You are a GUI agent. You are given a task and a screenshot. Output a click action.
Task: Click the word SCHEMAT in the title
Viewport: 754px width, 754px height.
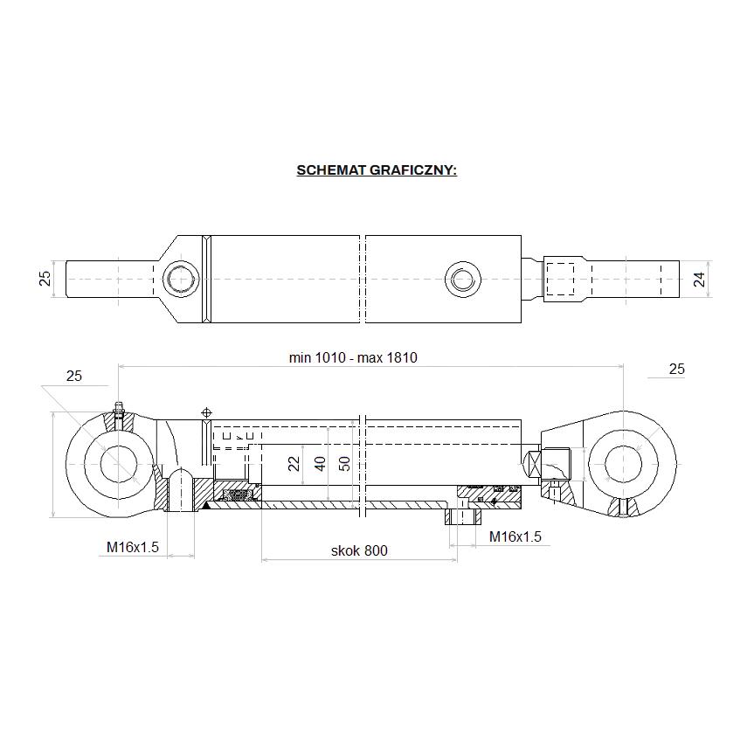pos(331,169)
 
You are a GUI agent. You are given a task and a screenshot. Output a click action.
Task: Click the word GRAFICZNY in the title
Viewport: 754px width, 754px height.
pos(412,169)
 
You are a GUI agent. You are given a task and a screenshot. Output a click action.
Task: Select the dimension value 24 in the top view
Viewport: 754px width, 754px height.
pos(698,279)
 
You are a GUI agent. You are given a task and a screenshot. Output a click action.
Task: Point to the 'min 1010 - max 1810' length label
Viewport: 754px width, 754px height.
pos(353,357)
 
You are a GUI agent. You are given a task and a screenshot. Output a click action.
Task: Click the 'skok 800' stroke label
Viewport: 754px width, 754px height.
pos(358,550)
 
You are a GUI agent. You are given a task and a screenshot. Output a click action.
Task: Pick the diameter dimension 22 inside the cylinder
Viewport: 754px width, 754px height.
pos(295,462)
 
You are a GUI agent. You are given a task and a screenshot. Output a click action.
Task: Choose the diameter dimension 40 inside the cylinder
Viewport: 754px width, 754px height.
pos(320,462)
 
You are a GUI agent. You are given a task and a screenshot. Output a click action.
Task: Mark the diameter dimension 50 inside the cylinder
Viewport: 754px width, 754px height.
pos(344,462)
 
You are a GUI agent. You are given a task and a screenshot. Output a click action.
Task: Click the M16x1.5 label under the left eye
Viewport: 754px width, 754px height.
pos(133,547)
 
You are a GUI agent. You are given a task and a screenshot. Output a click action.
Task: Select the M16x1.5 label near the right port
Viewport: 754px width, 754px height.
pos(515,536)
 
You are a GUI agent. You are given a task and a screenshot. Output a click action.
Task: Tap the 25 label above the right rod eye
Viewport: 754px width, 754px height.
pos(676,370)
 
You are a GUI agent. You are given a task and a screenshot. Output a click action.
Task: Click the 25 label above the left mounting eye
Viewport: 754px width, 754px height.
pos(74,376)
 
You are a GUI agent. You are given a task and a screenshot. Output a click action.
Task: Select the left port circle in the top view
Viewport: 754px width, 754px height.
pos(182,280)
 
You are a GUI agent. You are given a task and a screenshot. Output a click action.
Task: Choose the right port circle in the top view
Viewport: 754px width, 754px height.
pos(462,280)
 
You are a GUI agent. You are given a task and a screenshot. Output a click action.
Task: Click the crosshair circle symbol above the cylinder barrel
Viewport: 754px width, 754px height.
pos(207,412)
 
